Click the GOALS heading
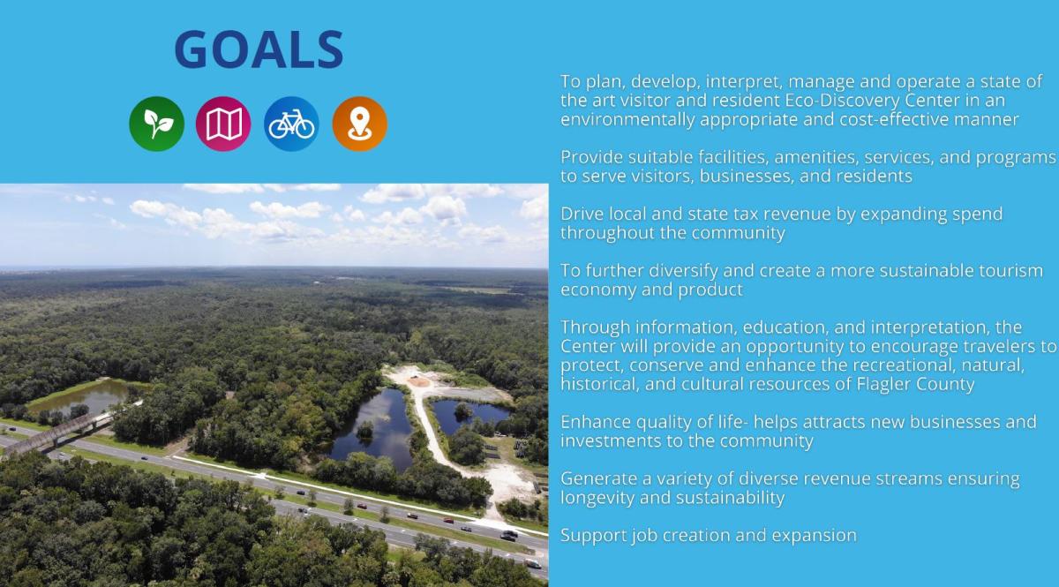point(259,49)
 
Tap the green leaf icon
point(157,124)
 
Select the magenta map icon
point(223,124)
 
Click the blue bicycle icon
point(291,124)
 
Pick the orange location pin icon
point(359,124)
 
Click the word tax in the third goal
point(722,214)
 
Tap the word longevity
point(597,498)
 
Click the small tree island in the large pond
point(364,431)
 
